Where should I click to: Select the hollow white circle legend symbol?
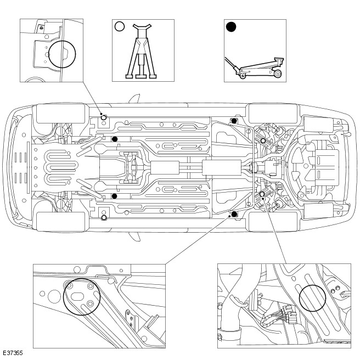[120, 26]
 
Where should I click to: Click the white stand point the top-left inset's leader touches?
[104, 117]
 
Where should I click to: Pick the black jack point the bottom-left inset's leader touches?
[234, 213]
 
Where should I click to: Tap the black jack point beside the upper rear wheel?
[234, 121]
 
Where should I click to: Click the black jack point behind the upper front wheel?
[114, 139]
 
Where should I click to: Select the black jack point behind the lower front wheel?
[114, 196]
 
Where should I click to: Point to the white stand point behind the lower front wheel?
[104, 217]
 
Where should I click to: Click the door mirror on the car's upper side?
[133, 100]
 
